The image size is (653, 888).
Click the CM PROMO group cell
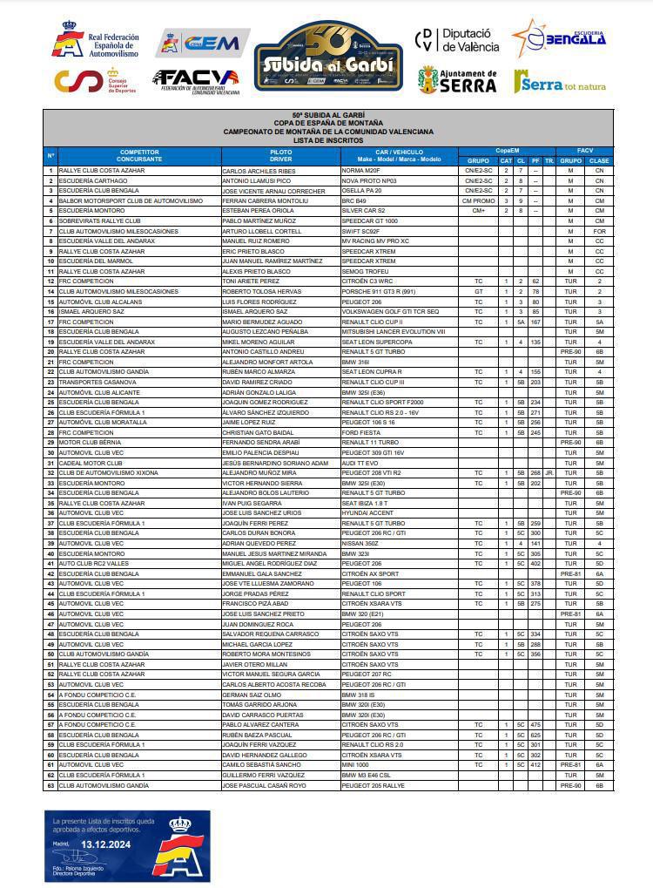(x=478, y=200)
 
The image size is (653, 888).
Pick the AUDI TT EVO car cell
(x=360, y=463)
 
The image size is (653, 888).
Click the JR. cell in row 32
(x=549, y=473)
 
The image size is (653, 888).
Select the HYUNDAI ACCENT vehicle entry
(x=367, y=513)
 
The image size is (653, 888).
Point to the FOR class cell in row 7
(x=599, y=232)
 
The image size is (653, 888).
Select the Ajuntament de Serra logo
(x=457, y=80)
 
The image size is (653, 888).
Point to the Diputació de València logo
(x=457, y=39)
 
